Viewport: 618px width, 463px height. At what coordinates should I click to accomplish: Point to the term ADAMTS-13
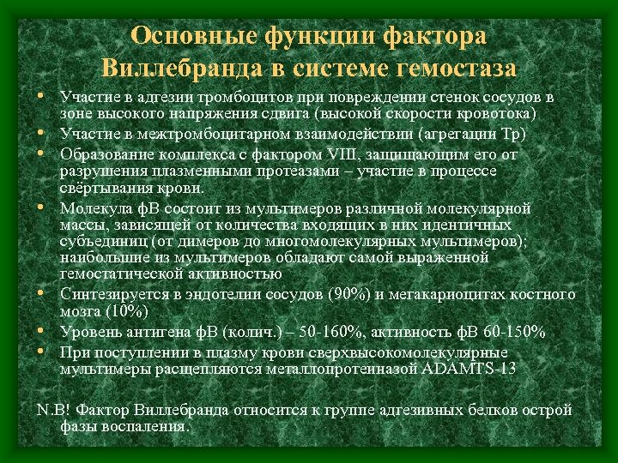click(469, 370)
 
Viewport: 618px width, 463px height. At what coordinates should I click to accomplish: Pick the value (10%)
click(124, 311)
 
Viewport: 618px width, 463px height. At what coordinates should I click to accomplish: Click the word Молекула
click(90, 208)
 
